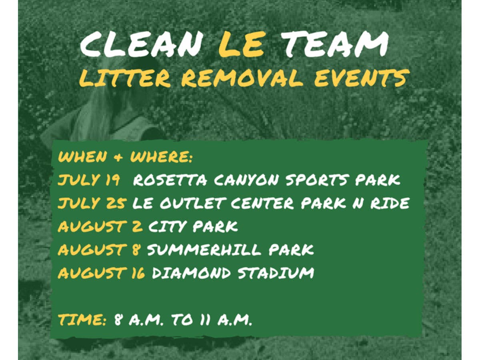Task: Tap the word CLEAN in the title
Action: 140,45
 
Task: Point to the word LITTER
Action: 125,79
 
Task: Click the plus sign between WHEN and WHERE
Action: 118,157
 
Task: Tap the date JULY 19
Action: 89,180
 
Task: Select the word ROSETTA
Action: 170,180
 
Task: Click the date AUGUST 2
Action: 100,226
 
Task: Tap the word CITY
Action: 168,226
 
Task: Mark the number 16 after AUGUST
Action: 138,273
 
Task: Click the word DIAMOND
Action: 191,273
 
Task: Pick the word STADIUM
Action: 276,273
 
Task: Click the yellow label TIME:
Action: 82,320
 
